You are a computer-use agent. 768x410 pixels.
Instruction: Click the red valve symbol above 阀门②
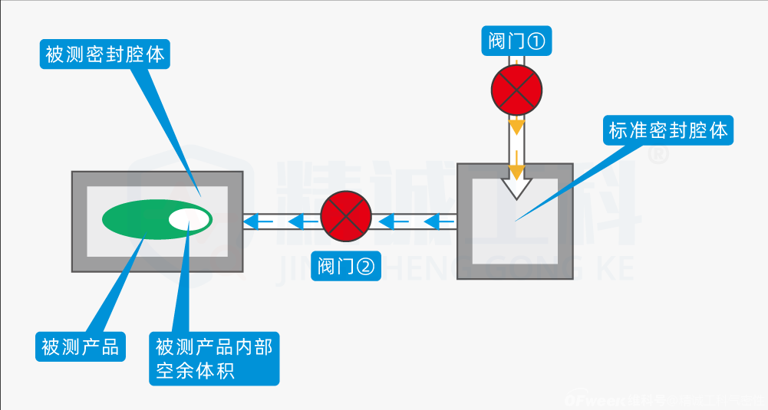tap(345, 215)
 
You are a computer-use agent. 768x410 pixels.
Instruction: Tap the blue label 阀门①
tap(517, 41)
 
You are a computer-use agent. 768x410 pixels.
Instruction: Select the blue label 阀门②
tap(347, 266)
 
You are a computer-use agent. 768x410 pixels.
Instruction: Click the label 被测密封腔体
tap(104, 55)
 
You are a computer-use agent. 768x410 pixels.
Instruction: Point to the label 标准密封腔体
tap(667, 130)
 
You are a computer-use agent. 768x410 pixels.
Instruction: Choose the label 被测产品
tap(81, 347)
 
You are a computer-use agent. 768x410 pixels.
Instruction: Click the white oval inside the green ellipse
tap(189, 219)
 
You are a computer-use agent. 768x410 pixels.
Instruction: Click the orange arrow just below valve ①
tap(518, 124)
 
